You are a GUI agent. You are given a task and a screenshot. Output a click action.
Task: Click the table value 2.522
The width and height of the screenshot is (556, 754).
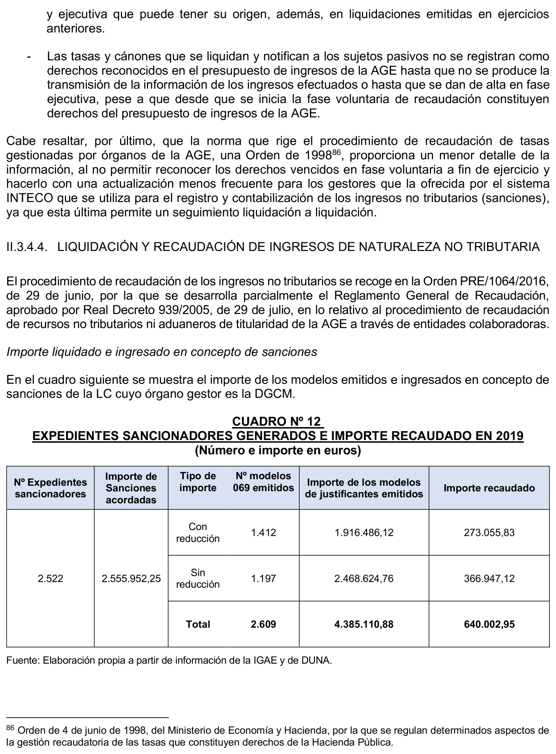tap(51, 579)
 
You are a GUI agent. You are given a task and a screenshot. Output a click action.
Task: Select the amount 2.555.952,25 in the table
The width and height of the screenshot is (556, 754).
tap(131, 579)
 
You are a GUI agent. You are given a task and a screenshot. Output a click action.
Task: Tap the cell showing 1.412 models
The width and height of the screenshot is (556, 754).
tap(264, 533)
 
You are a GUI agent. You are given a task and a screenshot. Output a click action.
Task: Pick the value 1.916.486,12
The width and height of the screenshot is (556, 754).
tap(364, 533)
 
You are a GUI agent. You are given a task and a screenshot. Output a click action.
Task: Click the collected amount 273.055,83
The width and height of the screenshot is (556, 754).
tap(489, 533)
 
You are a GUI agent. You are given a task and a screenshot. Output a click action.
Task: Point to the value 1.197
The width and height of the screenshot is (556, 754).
tap(264, 579)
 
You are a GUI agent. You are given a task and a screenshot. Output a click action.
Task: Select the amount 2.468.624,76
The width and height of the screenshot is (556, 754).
tap(364, 579)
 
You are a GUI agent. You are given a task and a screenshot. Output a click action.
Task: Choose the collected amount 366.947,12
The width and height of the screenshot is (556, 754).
tap(489, 579)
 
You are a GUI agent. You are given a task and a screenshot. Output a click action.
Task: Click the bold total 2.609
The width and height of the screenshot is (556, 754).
tap(263, 624)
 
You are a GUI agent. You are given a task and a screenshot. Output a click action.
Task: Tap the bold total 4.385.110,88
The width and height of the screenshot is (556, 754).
tap(364, 624)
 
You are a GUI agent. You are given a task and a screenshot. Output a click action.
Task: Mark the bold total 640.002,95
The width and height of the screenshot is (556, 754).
tap(489, 624)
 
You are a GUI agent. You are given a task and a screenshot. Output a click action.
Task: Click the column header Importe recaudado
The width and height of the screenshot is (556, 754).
tap(489, 488)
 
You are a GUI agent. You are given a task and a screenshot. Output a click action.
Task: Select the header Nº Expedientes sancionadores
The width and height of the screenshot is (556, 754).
tap(51, 488)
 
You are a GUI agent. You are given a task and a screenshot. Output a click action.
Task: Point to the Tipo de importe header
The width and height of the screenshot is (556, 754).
tap(198, 482)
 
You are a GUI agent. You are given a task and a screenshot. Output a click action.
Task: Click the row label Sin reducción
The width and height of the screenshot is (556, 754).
tap(198, 579)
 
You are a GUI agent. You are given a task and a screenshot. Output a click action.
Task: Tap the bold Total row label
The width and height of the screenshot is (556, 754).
tap(198, 624)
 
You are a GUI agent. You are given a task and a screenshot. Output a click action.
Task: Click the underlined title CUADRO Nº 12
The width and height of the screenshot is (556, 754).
tap(278, 421)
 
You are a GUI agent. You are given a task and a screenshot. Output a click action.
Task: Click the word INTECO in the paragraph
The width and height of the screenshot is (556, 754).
tap(30, 198)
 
